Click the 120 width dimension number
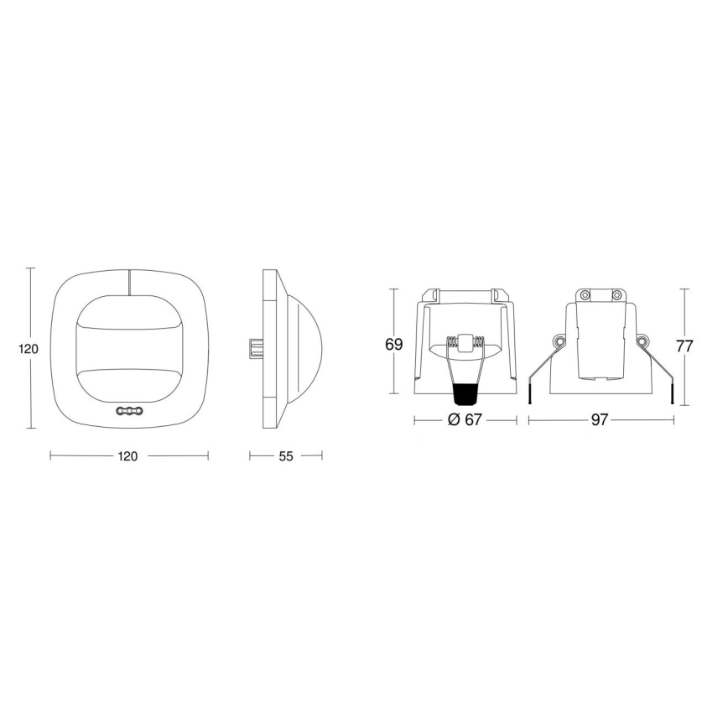(x=128, y=456)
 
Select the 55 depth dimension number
(x=285, y=456)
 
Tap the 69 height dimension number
(x=394, y=344)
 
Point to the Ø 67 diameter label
(x=465, y=420)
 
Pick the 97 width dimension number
(x=599, y=420)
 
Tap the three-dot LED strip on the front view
(x=129, y=412)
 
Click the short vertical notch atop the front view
(x=129, y=282)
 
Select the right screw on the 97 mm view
(x=616, y=295)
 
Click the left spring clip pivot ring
(x=558, y=341)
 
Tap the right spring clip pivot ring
(x=643, y=341)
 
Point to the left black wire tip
(x=530, y=395)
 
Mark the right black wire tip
(x=672, y=395)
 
